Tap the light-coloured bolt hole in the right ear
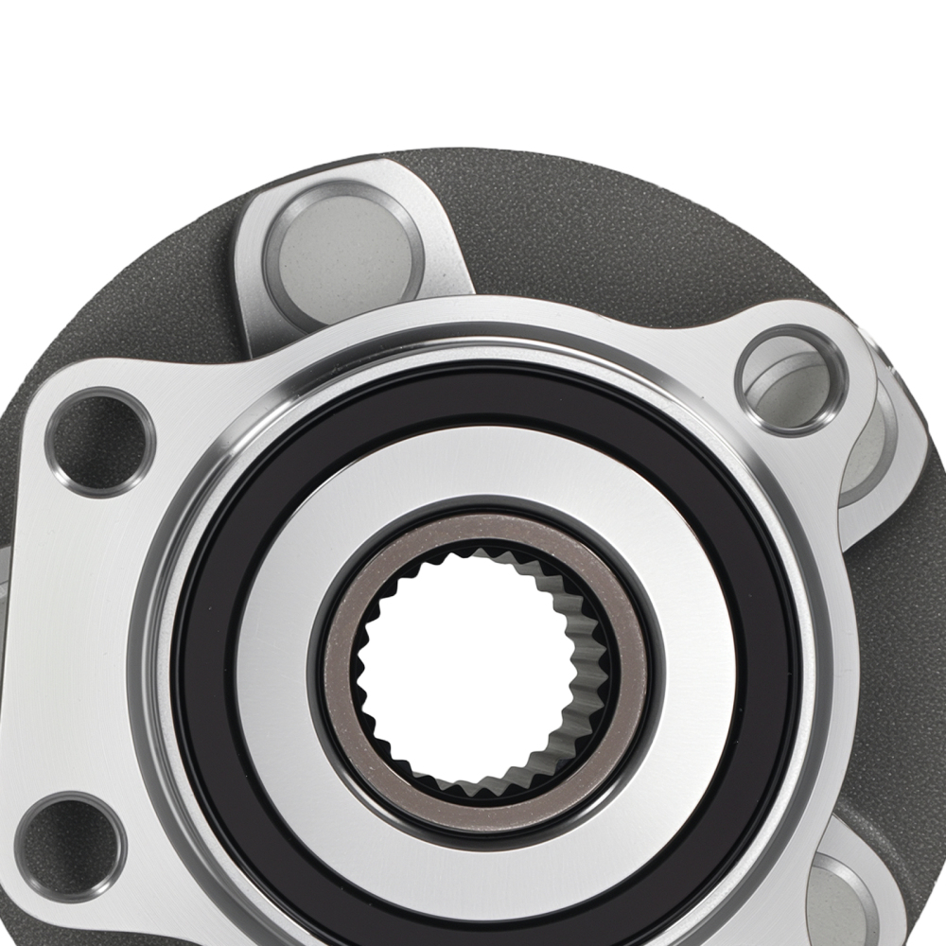click(x=790, y=378)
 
